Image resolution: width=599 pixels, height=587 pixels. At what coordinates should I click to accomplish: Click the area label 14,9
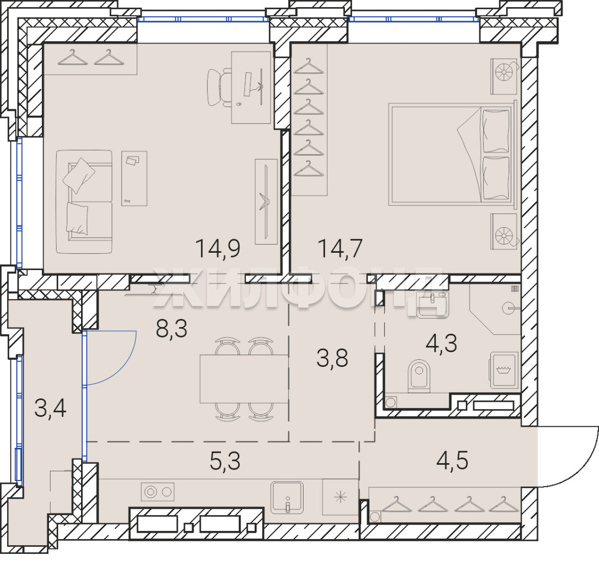pyautogui.click(x=218, y=248)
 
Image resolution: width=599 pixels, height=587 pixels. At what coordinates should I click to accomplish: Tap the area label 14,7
pyautogui.click(x=340, y=248)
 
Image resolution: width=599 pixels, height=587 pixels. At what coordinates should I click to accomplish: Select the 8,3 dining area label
pyautogui.click(x=171, y=328)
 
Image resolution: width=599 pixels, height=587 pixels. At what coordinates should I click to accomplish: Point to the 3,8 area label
pyautogui.click(x=332, y=358)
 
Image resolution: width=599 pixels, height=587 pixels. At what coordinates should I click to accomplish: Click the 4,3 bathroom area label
pyautogui.click(x=441, y=343)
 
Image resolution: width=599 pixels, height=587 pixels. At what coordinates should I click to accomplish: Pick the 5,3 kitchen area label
pyautogui.click(x=225, y=461)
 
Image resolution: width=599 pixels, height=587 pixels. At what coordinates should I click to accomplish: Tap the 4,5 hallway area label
pyautogui.click(x=452, y=460)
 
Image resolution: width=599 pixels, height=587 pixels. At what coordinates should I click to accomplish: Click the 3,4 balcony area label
pyautogui.click(x=51, y=408)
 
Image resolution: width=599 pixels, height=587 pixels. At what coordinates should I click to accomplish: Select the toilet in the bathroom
pyautogui.click(x=419, y=376)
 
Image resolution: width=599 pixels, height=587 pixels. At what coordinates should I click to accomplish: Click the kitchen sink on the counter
pyautogui.click(x=287, y=497)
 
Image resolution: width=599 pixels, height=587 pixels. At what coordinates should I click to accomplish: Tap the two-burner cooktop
pyautogui.click(x=158, y=492)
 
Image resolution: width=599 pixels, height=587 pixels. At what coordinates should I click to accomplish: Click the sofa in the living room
pyautogui.click(x=84, y=202)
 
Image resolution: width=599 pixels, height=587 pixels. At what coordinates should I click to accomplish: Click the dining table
pyautogui.click(x=244, y=379)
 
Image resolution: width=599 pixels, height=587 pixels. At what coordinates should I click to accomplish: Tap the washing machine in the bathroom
pyautogui.click(x=504, y=370)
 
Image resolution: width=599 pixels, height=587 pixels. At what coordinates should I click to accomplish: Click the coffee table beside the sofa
pyautogui.click(x=134, y=179)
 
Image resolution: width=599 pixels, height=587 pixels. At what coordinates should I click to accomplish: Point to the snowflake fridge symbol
pyautogui.click(x=341, y=497)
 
